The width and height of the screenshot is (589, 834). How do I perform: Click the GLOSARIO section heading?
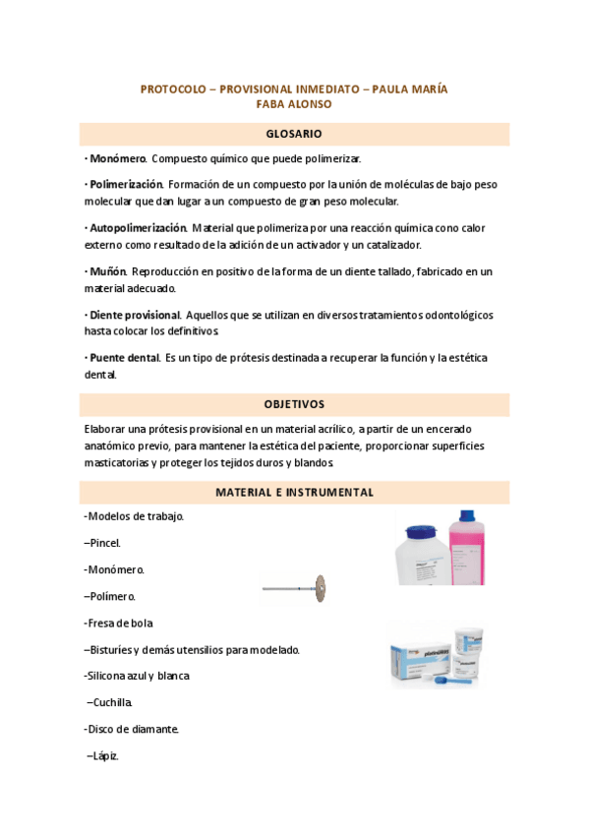(x=294, y=134)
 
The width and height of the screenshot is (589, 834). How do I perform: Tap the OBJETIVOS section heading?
(x=294, y=404)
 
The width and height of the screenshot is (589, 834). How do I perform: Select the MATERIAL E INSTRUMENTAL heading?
(x=294, y=492)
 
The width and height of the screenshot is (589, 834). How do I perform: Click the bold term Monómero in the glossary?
(x=117, y=158)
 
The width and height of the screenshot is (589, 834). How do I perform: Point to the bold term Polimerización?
(x=125, y=184)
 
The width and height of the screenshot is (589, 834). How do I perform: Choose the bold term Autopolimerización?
(x=136, y=227)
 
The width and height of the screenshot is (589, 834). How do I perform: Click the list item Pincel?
(x=103, y=542)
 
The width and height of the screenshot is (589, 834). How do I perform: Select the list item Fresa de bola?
(x=119, y=623)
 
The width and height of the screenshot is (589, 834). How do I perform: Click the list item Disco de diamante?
(x=132, y=729)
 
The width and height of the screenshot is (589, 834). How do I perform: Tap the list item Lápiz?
(x=103, y=755)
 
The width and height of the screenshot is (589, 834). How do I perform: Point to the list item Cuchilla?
(x=108, y=702)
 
